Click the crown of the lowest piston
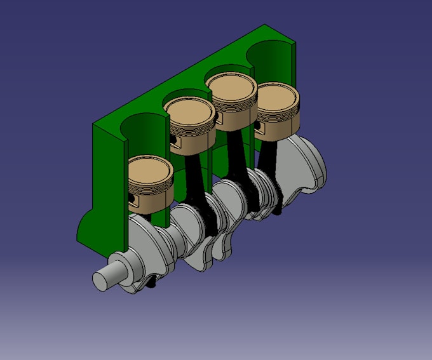click(151, 171)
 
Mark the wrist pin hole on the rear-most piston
click(259, 130)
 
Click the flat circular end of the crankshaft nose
click(101, 280)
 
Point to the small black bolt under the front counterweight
click(154, 286)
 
